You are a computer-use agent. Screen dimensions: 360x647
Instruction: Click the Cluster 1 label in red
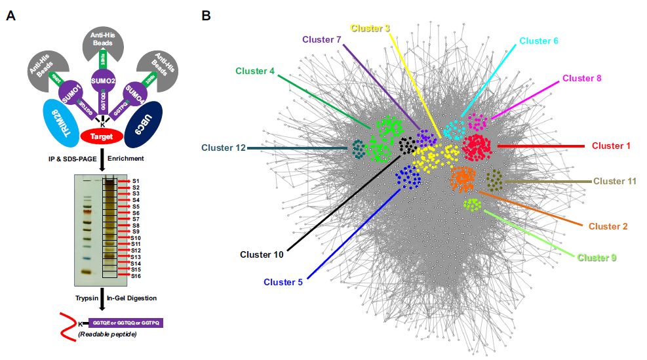click(x=610, y=146)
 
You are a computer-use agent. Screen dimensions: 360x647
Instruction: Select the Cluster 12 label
click(x=224, y=148)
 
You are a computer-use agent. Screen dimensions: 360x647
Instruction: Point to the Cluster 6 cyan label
click(x=539, y=41)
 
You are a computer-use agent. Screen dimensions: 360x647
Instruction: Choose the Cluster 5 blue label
click(x=283, y=283)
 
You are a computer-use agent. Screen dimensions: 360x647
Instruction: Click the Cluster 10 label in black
click(x=262, y=254)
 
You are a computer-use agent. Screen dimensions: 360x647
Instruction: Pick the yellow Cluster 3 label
click(x=370, y=28)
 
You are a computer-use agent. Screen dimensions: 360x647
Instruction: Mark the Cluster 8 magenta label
click(x=581, y=79)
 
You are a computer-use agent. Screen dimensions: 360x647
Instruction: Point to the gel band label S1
click(x=136, y=180)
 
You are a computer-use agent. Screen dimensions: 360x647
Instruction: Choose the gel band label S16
click(x=136, y=277)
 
